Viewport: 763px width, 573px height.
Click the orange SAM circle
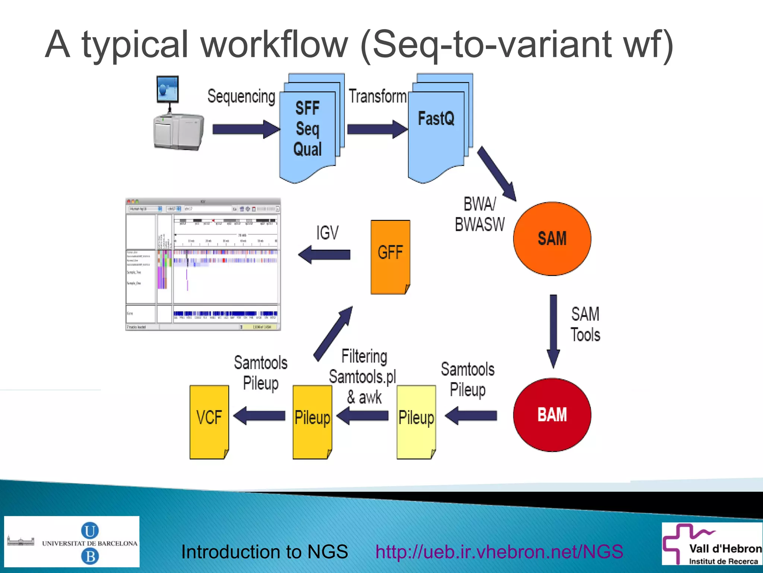(552, 239)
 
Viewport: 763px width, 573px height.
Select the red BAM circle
(552, 415)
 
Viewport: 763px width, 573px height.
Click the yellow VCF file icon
(209, 422)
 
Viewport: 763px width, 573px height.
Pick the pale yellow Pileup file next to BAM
(416, 422)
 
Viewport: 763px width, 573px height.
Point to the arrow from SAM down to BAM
(553, 330)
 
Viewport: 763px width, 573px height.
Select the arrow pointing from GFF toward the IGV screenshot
(324, 255)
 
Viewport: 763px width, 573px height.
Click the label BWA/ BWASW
(479, 214)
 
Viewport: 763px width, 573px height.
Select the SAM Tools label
(585, 324)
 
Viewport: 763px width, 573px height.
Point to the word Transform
(377, 96)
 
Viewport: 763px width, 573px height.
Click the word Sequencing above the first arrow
(241, 96)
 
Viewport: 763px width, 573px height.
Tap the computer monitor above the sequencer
(168, 89)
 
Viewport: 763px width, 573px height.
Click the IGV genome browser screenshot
(203, 264)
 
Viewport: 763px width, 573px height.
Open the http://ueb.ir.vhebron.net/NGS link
(499, 551)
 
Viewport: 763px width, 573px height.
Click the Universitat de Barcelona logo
(72, 542)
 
